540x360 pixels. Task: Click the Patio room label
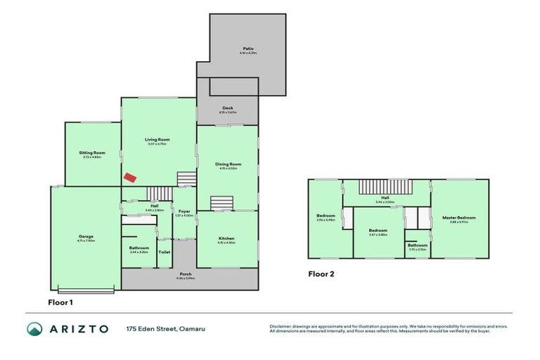click(x=247, y=49)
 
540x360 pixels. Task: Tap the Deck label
click(x=227, y=108)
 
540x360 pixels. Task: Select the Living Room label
click(x=157, y=139)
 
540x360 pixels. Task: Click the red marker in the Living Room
click(x=129, y=177)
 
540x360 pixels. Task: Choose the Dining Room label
click(x=227, y=165)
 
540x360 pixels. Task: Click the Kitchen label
click(x=226, y=238)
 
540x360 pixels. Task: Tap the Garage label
click(x=86, y=237)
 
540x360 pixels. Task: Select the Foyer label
click(x=184, y=212)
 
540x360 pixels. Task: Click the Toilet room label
click(x=164, y=251)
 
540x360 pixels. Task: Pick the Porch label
click(x=186, y=274)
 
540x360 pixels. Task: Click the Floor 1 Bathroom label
click(x=139, y=247)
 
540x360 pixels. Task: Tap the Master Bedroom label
click(x=459, y=218)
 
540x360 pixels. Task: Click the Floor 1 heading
click(x=60, y=302)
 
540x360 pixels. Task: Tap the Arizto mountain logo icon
click(x=34, y=329)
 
